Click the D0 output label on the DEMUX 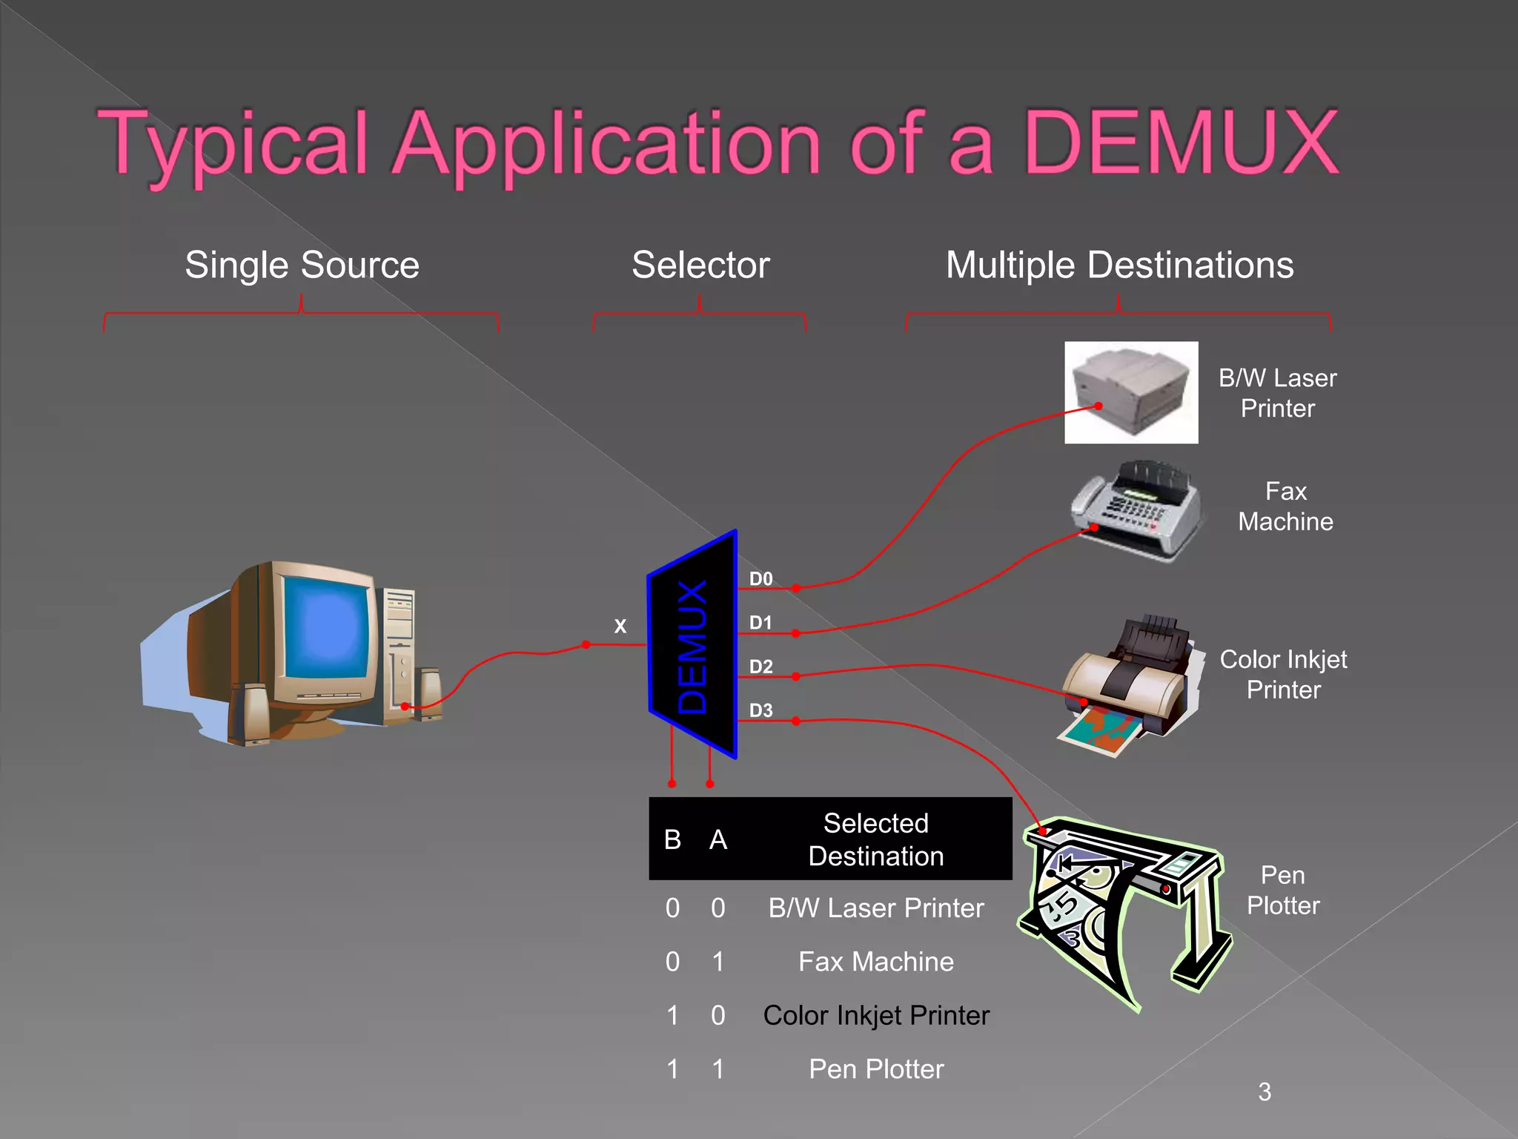tap(760, 579)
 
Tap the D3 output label tap(760, 710)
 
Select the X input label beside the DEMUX tap(620, 627)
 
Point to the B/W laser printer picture tap(1130, 392)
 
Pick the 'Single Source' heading tap(302, 265)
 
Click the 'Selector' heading tap(700, 265)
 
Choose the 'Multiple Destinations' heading tap(1119, 265)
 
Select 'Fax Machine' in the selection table tap(875, 962)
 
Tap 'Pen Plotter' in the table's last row tap(875, 1069)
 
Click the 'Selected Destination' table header tap(875, 839)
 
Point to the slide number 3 tap(1265, 1092)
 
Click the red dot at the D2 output tap(795, 676)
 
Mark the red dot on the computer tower tap(405, 706)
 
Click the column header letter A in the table tap(717, 840)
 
